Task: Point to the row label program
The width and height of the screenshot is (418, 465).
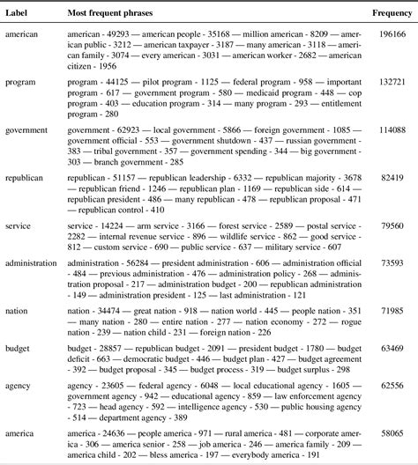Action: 21,81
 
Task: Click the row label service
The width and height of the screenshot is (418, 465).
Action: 19,225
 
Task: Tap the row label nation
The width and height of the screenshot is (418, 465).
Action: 18,311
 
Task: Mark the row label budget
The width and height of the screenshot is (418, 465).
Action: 19,349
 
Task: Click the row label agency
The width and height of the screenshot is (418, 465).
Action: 19,386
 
